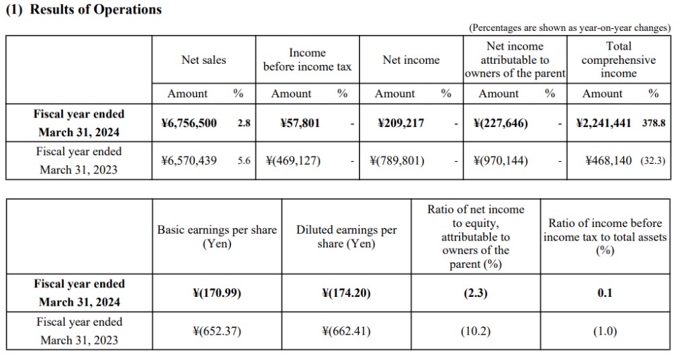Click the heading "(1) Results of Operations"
[x=83, y=9]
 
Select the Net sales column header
[x=204, y=60]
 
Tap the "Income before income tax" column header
[x=307, y=60]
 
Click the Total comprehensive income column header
[x=618, y=60]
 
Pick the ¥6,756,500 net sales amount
[x=189, y=123]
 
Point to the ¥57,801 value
[x=300, y=123]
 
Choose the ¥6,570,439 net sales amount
[x=189, y=161]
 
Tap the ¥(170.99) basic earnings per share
[x=216, y=293]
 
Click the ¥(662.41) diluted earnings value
[x=346, y=330]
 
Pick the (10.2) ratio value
[x=475, y=330]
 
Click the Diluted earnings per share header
[x=346, y=236]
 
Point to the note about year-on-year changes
[x=569, y=28]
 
